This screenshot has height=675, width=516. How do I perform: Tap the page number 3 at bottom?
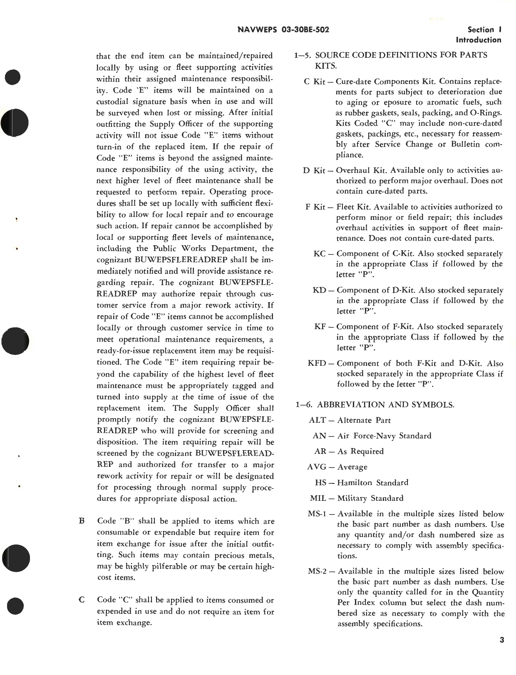click(x=501, y=640)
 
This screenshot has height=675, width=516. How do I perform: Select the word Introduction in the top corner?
click(x=479, y=40)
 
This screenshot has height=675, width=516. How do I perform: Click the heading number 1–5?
click(x=302, y=55)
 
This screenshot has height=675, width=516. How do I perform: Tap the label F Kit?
click(x=315, y=207)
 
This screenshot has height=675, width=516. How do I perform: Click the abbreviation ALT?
click(x=317, y=420)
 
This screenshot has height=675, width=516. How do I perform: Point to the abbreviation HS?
click(x=321, y=483)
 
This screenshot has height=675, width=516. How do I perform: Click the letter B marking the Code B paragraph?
click(x=82, y=521)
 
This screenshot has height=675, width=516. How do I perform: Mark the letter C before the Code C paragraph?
click(x=82, y=600)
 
